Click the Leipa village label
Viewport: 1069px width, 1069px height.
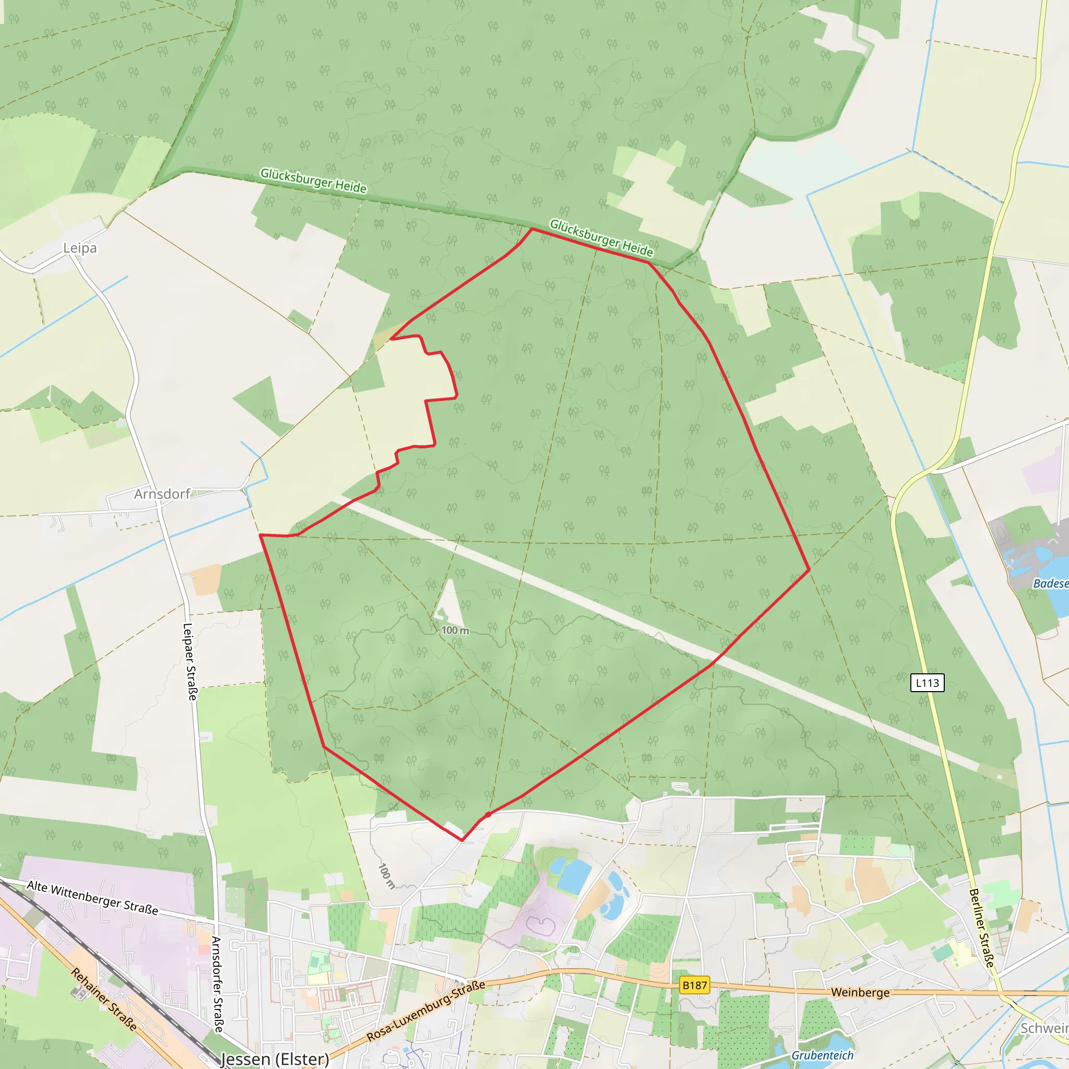pos(80,248)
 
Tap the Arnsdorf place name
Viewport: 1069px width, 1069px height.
pos(162,494)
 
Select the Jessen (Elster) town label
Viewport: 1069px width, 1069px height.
pos(275,1059)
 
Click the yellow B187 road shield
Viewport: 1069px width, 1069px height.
pos(694,985)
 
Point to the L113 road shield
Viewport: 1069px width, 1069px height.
pos(928,683)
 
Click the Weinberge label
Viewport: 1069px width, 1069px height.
pos(860,993)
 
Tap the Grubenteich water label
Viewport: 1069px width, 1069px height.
pos(822,1055)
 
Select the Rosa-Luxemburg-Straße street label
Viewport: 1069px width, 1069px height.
pos(426,1011)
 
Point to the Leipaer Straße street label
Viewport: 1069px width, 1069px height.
pos(190,662)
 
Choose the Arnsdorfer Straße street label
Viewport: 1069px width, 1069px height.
pos(218,984)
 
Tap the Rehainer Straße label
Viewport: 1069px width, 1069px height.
pos(103,999)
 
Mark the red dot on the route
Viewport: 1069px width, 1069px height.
pos(488,814)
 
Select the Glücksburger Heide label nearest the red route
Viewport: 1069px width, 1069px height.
pos(601,239)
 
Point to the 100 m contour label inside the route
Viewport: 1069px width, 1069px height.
pos(455,630)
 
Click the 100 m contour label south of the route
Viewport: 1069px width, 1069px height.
pos(386,876)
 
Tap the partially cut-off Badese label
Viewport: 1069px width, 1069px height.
pos(1051,584)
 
